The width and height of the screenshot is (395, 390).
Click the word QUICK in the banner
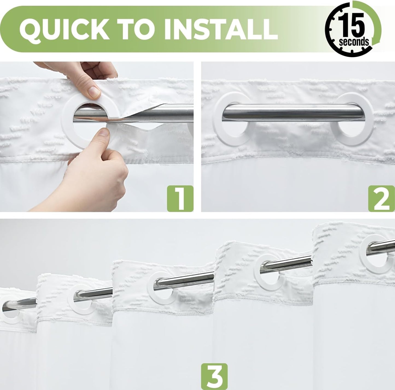(64, 29)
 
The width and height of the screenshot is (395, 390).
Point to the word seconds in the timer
(354, 42)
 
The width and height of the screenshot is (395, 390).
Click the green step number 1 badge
(180, 198)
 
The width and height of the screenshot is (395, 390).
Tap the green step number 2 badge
(382, 198)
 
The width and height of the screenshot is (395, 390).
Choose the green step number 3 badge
(214, 376)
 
